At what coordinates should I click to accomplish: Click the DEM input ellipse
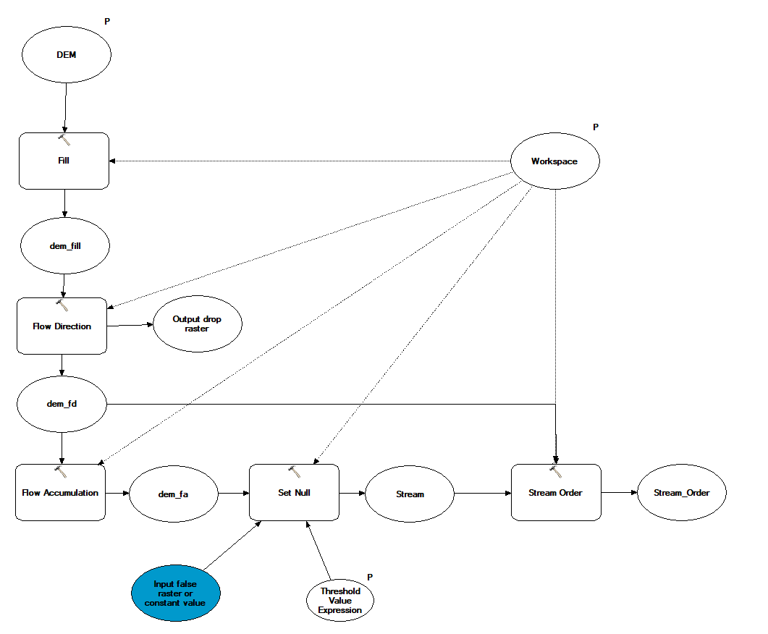tap(67, 54)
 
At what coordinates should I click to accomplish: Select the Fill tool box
tap(64, 161)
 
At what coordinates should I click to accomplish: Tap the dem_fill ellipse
tap(65, 246)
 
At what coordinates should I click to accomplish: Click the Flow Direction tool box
tap(62, 326)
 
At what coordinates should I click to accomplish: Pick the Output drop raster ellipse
tap(198, 324)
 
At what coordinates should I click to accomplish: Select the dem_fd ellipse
tap(62, 404)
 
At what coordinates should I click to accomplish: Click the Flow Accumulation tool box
tap(60, 492)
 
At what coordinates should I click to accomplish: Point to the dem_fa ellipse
tap(174, 494)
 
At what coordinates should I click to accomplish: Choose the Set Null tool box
tap(294, 492)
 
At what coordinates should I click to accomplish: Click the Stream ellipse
tap(410, 494)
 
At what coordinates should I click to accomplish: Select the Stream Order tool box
tap(556, 492)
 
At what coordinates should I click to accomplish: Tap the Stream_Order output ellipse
tap(682, 493)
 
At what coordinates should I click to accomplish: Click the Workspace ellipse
tap(555, 161)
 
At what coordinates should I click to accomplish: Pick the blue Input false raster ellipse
tap(176, 593)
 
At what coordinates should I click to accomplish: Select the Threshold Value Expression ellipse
tap(340, 600)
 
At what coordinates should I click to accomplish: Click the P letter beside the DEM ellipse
tap(107, 22)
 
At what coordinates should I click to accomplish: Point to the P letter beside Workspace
tap(596, 127)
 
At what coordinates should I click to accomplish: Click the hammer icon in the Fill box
tap(64, 140)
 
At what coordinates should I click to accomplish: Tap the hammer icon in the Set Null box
tap(295, 471)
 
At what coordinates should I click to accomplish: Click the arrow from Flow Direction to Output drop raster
tap(130, 325)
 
